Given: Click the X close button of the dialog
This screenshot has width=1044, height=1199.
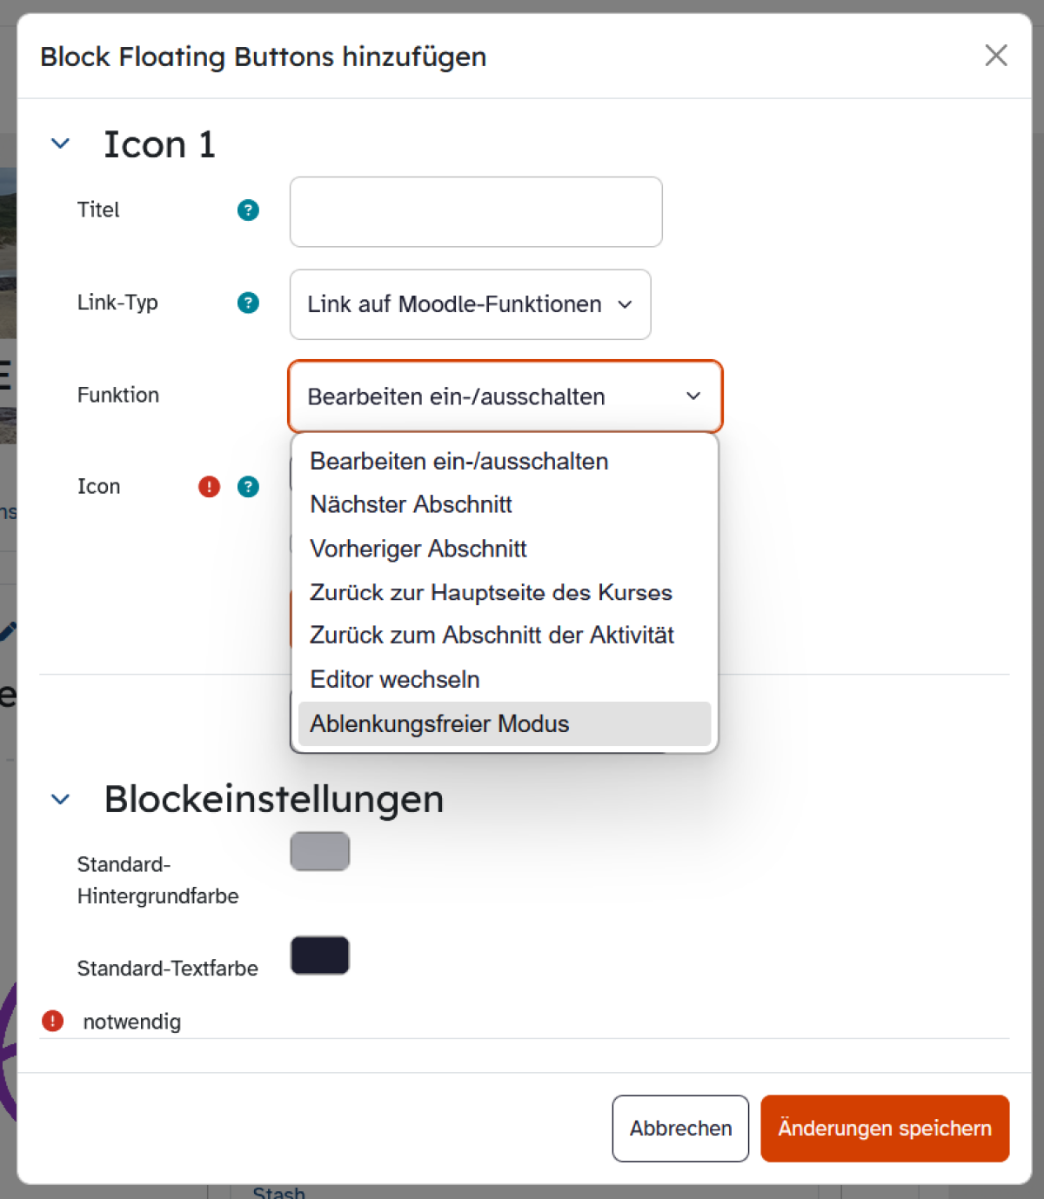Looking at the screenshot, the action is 996,56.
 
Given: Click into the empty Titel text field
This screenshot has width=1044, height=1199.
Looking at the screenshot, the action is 476,211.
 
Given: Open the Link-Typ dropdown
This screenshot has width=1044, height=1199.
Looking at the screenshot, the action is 470,304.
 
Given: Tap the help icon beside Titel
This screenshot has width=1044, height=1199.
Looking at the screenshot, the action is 248,210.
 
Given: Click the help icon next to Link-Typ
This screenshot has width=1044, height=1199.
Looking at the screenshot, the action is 248,303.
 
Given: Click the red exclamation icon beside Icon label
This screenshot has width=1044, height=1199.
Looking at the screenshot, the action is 210,486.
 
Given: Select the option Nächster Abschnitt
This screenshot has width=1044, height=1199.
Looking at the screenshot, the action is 411,504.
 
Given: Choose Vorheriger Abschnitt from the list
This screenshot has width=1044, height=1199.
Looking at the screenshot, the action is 418,550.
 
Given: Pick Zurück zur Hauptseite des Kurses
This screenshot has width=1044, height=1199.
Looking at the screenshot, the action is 491,592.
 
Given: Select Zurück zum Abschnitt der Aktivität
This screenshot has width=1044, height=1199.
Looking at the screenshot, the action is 492,636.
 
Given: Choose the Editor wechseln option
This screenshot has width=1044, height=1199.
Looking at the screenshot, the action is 394,680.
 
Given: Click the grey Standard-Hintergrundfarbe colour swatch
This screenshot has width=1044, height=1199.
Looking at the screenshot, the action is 320,851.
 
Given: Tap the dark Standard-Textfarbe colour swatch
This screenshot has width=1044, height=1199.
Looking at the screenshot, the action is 320,956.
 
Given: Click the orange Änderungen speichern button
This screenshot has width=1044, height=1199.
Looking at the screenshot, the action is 885,1128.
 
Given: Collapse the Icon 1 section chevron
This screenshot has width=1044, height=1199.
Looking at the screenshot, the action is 60,143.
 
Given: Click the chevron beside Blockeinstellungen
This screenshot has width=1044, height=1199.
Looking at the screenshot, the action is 60,799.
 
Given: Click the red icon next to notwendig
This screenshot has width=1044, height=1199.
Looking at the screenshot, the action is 53,1021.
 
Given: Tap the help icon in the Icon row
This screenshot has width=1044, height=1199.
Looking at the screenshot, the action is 248,486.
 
